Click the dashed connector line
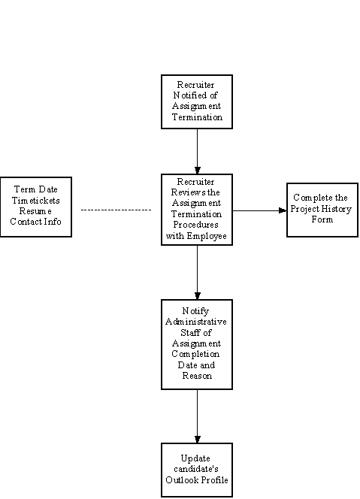(x=116, y=210)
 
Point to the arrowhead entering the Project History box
(x=283, y=210)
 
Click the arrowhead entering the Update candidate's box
(x=198, y=440)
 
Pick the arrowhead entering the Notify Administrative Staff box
(x=198, y=296)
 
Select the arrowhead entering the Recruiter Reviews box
(x=198, y=171)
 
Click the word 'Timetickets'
(x=35, y=201)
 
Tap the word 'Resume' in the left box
(x=35, y=211)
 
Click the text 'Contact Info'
(x=35, y=222)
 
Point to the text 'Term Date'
(x=35, y=189)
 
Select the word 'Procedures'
(x=195, y=225)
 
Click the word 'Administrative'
(x=196, y=322)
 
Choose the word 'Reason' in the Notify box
(x=197, y=376)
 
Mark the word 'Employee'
(x=207, y=236)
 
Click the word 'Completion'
(x=195, y=354)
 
